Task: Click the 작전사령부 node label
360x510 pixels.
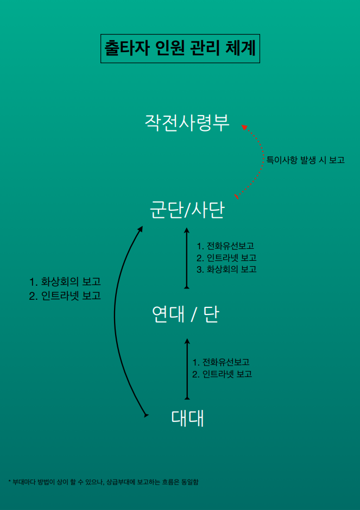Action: (187, 122)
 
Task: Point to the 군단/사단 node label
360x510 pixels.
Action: (187, 210)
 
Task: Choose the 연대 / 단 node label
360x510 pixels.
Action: (185, 314)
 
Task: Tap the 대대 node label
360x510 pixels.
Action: (187, 418)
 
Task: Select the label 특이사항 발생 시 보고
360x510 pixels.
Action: (305, 161)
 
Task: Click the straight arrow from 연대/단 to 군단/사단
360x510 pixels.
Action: (187, 257)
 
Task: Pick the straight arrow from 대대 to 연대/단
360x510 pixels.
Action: (187, 369)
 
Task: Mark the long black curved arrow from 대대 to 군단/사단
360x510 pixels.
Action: (115, 320)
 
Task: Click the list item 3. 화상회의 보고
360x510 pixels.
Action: (226, 269)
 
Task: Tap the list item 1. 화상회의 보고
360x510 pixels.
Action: (65, 282)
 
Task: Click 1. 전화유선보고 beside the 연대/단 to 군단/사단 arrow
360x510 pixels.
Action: (225, 246)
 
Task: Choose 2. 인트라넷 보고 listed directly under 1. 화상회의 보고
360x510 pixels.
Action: (65, 297)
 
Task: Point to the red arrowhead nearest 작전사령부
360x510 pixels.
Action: (244, 127)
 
